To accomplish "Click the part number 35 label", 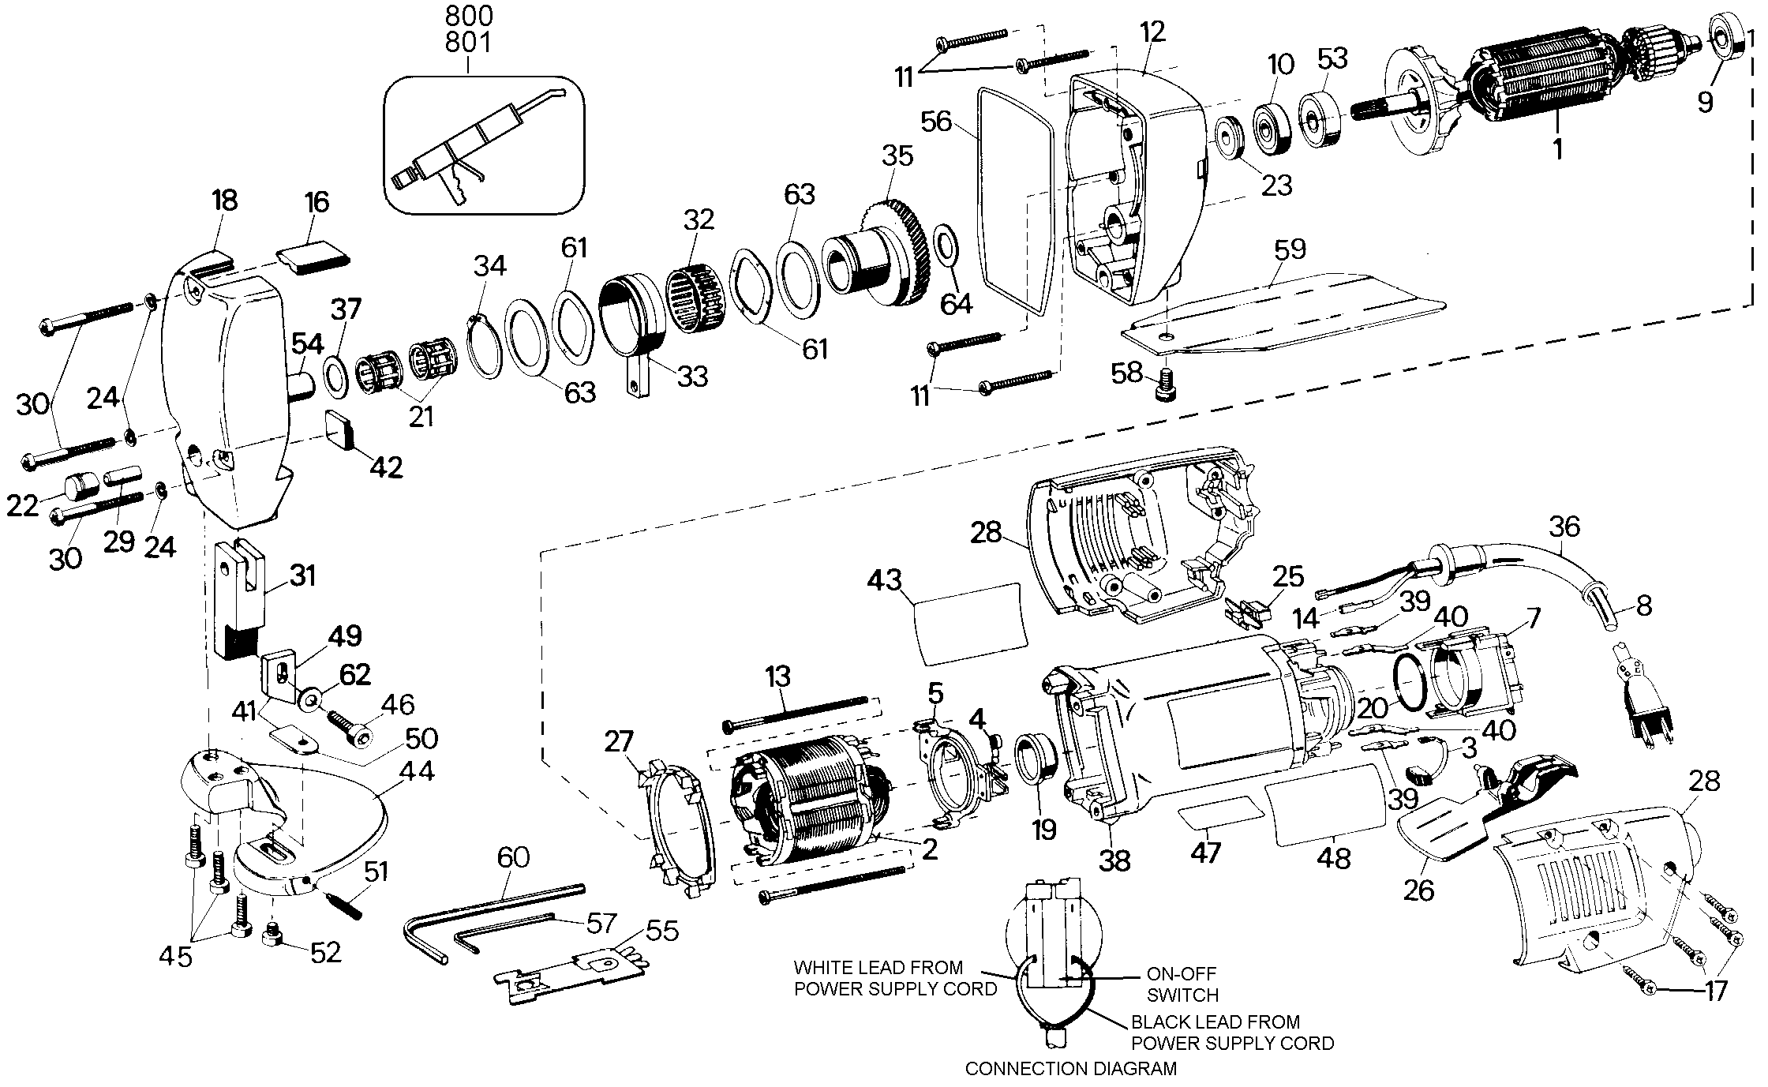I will (897, 156).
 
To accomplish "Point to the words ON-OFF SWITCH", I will (1182, 984).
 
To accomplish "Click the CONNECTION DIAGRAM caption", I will (1070, 1069).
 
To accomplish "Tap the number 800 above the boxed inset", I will (468, 16).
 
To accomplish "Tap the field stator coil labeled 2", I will (805, 797).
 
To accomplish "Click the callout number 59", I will (1290, 249).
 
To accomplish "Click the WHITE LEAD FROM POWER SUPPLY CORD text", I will (894, 977).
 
